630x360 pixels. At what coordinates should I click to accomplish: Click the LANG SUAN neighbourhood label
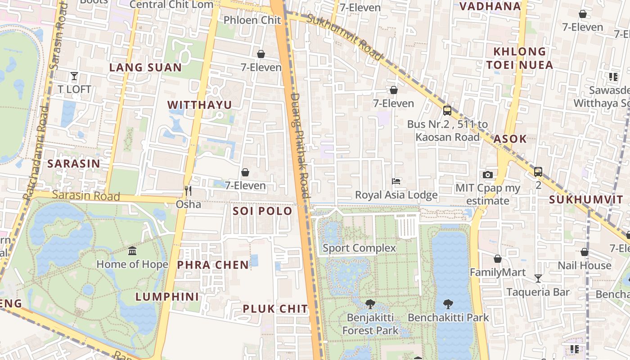point(146,68)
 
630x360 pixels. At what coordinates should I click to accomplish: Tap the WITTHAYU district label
point(200,105)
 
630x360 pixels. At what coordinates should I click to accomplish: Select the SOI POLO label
point(262,211)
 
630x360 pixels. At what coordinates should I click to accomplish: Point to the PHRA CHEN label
point(213,265)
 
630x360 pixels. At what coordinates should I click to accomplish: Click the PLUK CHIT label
point(275,309)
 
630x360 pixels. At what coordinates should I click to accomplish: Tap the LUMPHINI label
point(167,297)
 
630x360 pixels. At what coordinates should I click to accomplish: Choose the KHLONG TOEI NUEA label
point(520,58)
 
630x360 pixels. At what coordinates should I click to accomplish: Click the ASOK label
point(510,139)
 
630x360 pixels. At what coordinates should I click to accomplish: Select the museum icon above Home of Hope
point(132,251)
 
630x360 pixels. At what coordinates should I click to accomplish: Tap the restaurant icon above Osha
point(188,191)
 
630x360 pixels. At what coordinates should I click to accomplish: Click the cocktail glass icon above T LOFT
point(74,76)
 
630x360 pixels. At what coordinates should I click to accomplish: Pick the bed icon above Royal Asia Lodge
point(396,181)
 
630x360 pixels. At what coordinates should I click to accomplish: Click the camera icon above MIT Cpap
point(487,175)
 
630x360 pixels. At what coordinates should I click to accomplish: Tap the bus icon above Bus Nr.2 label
point(447,110)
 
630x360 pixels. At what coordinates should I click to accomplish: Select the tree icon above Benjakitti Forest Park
point(370,304)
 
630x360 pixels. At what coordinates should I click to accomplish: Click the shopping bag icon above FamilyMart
point(498,259)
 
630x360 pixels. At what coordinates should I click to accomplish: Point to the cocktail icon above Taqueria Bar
point(538,279)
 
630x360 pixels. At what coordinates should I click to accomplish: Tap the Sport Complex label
point(359,248)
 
